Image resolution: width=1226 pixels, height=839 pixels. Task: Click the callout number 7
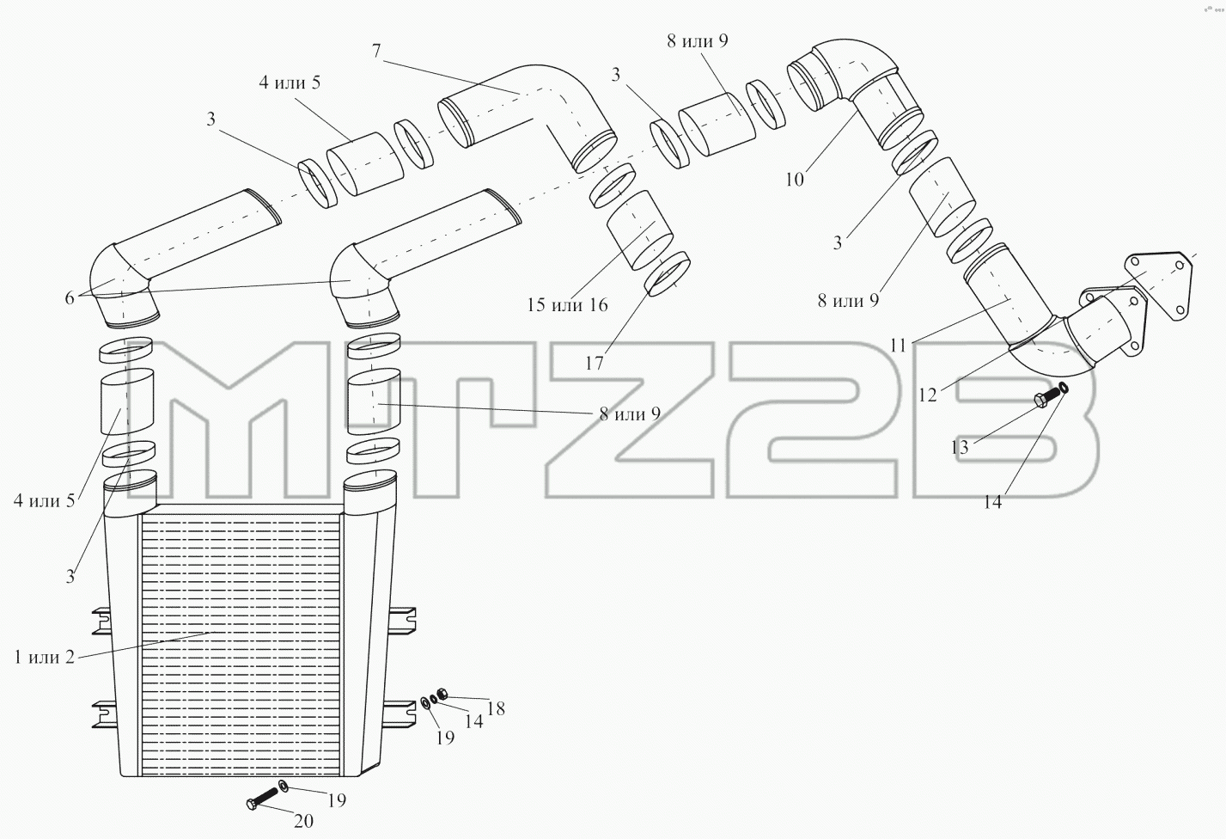[376, 51]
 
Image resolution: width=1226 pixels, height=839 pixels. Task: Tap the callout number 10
[795, 179]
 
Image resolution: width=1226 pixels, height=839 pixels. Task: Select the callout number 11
[899, 346]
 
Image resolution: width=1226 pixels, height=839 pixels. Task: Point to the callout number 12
[928, 395]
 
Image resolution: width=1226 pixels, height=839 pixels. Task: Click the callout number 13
[960, 447]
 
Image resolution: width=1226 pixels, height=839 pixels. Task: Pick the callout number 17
[595, 363]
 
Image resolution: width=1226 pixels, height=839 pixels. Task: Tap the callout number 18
[496, 708]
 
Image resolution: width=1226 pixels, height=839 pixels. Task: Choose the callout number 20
[304, 820]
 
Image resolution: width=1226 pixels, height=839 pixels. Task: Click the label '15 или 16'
[567, 304]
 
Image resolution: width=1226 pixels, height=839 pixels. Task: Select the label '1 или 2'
[44, 657]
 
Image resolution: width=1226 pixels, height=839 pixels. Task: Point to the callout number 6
[70, 298]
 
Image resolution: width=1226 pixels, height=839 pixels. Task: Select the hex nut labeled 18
[442, 694]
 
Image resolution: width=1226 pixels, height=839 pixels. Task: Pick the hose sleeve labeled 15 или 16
[639, 230]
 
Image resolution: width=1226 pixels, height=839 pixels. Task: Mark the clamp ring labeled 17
[667, 274]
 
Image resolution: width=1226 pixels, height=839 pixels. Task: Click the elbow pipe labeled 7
[528, 118]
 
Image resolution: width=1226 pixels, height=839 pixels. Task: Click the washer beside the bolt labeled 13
[1063, 389]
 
